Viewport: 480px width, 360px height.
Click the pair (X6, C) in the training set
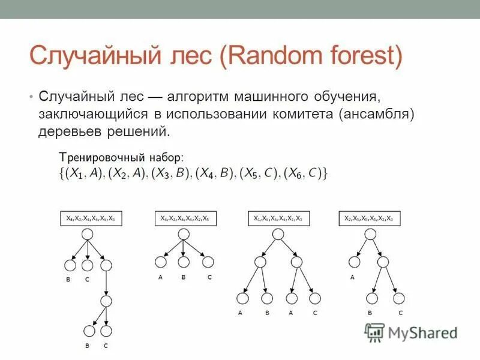pos(305,173)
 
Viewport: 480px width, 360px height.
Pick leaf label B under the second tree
pos(184,277)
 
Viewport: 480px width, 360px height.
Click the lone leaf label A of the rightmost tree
pos(352,277)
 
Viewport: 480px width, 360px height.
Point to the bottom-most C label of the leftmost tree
pos(106,346)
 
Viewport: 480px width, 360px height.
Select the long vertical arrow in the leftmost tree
pos(106,282)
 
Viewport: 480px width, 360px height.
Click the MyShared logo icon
pos(375,331)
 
